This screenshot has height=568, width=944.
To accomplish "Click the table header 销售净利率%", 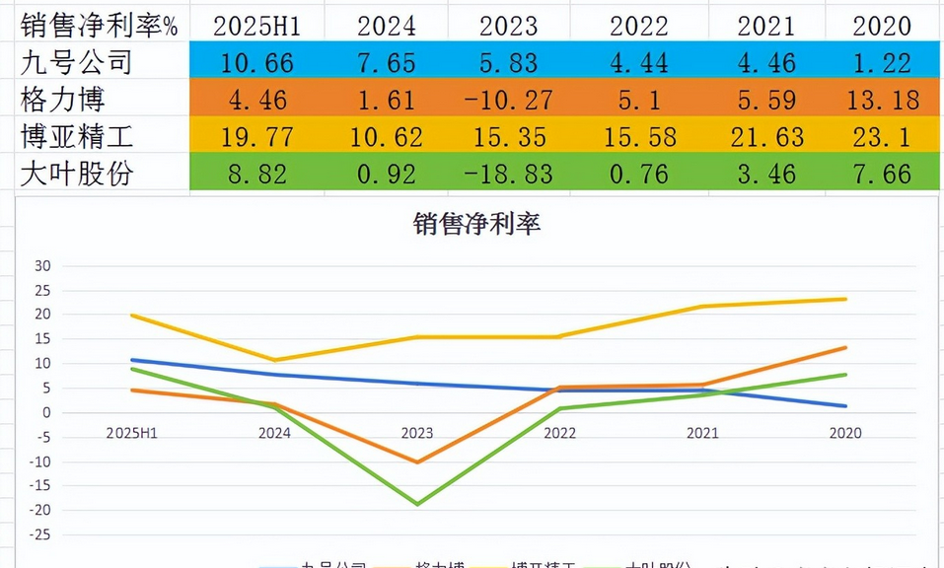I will (x=99, y=25).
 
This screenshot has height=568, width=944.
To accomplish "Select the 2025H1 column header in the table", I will (x=256, y=25).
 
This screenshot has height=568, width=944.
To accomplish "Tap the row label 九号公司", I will (x=76, y=62).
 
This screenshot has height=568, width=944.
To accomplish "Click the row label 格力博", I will (x=62, y=99).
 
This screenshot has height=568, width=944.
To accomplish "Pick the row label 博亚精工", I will (x=76, y=135).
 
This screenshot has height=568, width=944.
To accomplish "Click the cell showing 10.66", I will (x=256, y=63).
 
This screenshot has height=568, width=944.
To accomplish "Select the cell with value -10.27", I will (x=510, y=100).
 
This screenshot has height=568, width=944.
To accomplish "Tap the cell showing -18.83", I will (x=510, y=173).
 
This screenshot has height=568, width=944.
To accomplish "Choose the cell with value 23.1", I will (x=881, y=136).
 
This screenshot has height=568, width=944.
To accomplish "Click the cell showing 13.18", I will (x=881, y=100).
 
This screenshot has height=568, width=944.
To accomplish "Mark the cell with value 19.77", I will (x=256, y=136).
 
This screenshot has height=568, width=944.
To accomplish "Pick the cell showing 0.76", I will (x=638, y=173).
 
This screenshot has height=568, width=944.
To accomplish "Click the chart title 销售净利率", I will (x=476, y=224).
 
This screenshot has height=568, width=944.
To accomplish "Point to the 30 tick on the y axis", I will (x=41, y=266).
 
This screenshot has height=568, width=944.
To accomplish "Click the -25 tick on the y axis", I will (x=38, y=534).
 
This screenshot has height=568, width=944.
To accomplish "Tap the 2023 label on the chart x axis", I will (x=416, y=433).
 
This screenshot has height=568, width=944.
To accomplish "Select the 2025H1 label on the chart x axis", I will (x=131, y=433).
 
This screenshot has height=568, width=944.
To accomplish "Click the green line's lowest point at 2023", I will (x=417, y=504).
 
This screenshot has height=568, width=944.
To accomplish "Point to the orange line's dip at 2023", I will (x=417, y=461).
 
